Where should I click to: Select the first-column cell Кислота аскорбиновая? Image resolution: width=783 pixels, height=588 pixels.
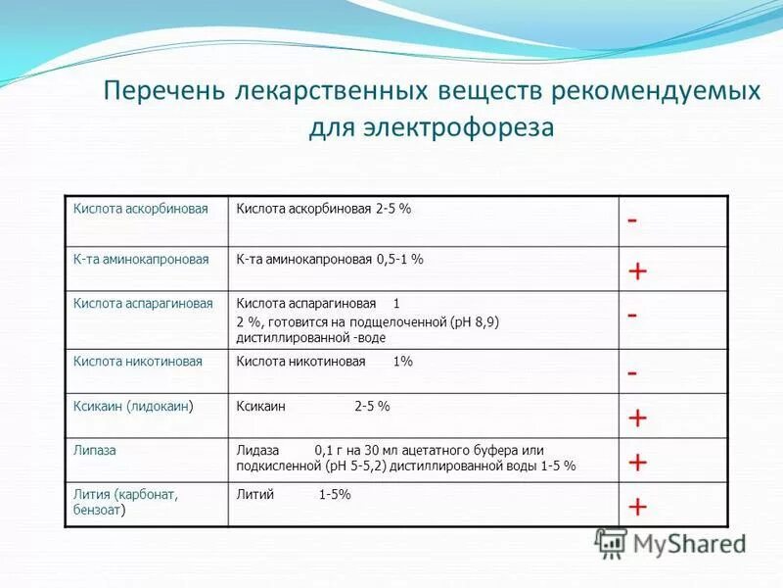click(141, 210)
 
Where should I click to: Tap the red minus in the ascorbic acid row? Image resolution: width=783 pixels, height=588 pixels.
click(632, 221)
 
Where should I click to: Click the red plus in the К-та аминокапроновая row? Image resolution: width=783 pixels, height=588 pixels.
click(637, 271)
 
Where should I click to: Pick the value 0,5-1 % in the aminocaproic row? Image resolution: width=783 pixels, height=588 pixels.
click(399, 260)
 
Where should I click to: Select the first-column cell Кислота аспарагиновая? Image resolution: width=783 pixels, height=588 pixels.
click(143, 304)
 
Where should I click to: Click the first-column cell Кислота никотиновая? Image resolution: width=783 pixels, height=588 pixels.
click(138, 362)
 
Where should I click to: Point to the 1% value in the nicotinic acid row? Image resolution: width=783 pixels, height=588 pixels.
click(402, 362)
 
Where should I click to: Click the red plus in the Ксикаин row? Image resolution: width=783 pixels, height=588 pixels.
click(637, 418)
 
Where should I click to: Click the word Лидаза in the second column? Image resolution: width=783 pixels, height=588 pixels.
click(258, 450)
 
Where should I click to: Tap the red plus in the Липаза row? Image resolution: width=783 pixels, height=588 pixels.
click(637, 462)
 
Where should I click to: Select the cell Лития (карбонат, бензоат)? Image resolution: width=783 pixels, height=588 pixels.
click(125, 503)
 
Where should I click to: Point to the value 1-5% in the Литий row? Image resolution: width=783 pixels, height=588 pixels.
click(335, 495)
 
